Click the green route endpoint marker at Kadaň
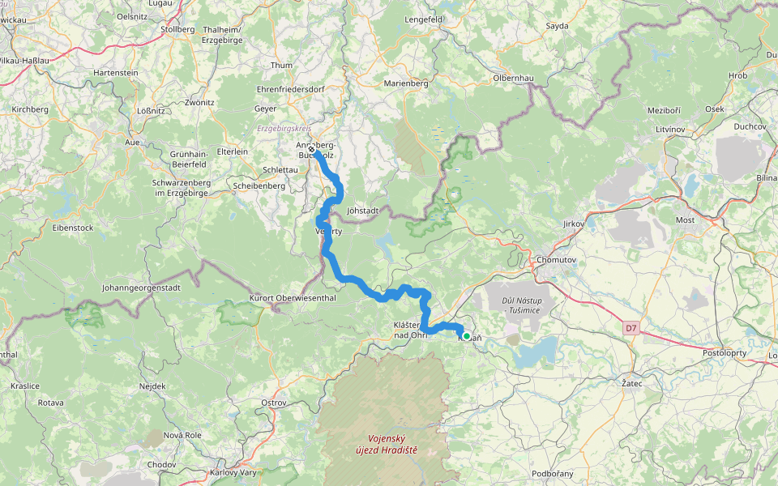[466, 335]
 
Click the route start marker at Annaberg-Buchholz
[311, 149]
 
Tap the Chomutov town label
[556, 259]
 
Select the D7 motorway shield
[631, 327]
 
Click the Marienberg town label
[406, 83]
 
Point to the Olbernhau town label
[514, 78]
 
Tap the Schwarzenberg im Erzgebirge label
[181, 188]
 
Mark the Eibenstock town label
[72, 228]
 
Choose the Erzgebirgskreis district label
[284, 128]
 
